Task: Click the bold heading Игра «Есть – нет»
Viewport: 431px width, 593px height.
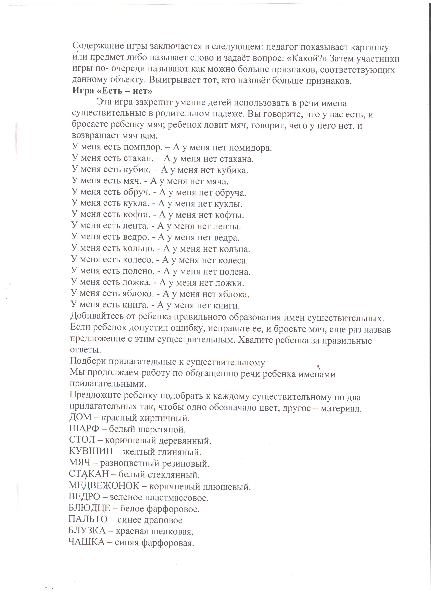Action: (112, 91)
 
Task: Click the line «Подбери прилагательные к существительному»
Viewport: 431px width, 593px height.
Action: (167, 362)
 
